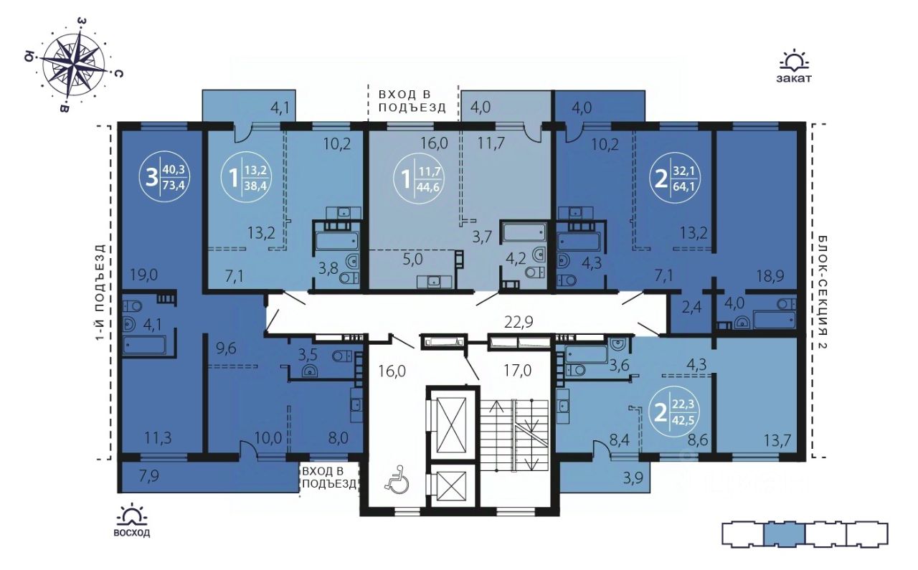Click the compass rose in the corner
(x=74, y=65)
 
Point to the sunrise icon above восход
(x=131, y=515)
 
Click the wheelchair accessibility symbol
(x=397, y=478)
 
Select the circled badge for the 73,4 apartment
(x=166, y=179)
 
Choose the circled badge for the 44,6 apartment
(x=420, y=179)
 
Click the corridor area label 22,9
(x=519, y=322)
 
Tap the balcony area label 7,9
(x=148, y=477)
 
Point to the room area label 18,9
(x=771, y=276)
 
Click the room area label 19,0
(x=144, y=275)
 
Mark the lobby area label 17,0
(x=517, y=371)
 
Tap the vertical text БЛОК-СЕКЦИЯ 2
(x=822, y=293)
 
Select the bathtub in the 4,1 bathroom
(x=145, y=345)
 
